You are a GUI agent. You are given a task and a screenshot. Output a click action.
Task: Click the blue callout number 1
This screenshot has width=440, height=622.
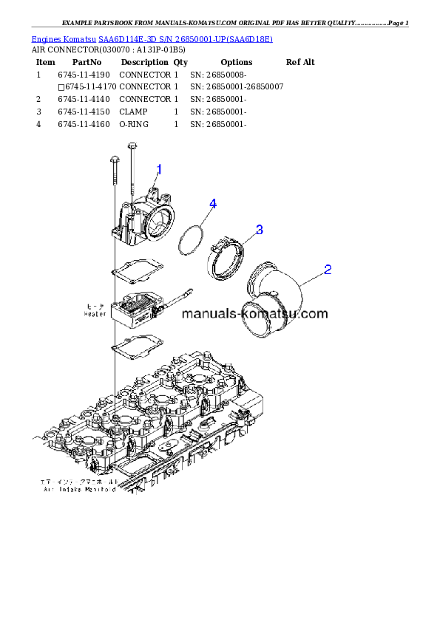(x=159, y=170)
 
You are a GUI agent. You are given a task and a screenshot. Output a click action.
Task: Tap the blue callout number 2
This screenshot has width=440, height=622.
(x=327, y=270)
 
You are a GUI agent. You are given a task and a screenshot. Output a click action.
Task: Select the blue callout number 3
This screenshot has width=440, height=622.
(x=259, y=230)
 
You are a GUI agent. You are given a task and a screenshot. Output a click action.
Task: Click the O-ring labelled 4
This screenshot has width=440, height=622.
(x=191, y=239)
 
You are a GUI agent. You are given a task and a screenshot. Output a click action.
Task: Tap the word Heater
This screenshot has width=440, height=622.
(x=95, y=314)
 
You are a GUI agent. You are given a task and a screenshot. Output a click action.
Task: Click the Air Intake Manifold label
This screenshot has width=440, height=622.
(x=79, y=489)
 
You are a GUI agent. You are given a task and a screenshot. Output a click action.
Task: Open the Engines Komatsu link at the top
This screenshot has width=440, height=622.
(x=152, y=38)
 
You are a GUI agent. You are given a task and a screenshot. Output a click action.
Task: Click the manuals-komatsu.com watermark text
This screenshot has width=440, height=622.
(x=254, y=313)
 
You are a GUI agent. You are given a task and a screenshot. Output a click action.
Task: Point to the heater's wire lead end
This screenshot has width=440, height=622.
(x=183, y=297)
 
